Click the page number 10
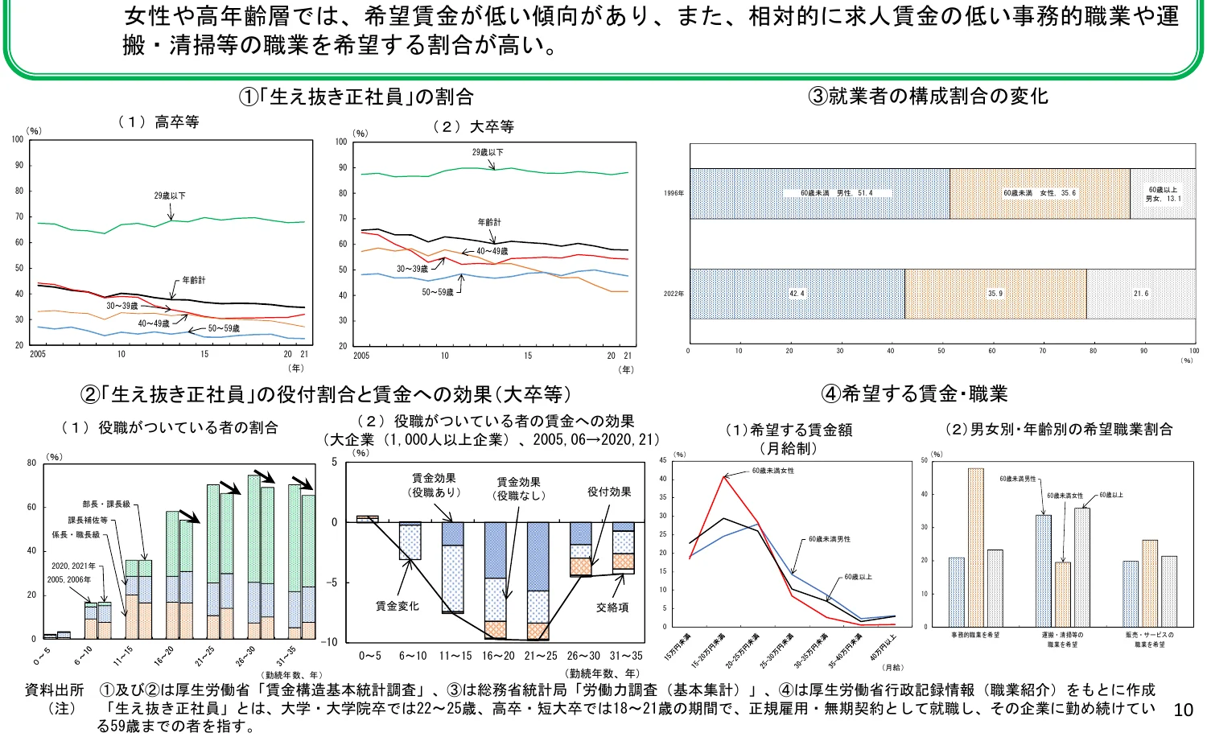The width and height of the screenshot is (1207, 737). pyautogui.click(x=1183, y=710)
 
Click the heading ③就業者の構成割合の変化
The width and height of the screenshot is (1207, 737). pyautogui.click(x=928, y=97)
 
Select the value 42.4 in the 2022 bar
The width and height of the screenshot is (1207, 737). pyautogui.click(x=797, y=294)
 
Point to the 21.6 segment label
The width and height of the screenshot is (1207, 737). pyautogui.click(x=1141, y=294)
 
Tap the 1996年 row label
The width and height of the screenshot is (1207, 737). pyautogui.click(x=674, y=193)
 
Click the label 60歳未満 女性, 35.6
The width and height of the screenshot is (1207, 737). pyautogui.click(x=1039, y=193)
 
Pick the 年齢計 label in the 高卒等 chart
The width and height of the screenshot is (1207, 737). pyautogui.click(x=193, y=280)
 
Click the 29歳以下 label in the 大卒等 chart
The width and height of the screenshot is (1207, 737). pyautogui.click(x=488, y=152)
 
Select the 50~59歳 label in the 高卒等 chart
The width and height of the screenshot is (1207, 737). pyautogui.click(x=224, y=328)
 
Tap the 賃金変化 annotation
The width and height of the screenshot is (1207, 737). pyautogui.click(x=397, y=606)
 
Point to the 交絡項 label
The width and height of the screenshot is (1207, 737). pyautogui.click(x=612, y=607)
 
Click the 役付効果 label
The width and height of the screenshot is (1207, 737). pyautogui.click(x=609, y=492)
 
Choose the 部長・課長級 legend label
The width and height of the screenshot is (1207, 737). pyautogui.click(x=106, y=504)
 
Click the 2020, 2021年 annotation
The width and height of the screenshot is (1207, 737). pyautogui.click(x=73, y=566)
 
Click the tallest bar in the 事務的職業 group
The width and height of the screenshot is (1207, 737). pyautogui.click(x=975, y=547)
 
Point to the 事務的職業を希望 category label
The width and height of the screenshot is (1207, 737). pyautogui.click(x=975, y=636)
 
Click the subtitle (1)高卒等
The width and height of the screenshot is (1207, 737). pyautogui.click(x=159, y=122)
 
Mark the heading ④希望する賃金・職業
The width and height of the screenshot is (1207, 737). pyautogui.click(x=914, y=394)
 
